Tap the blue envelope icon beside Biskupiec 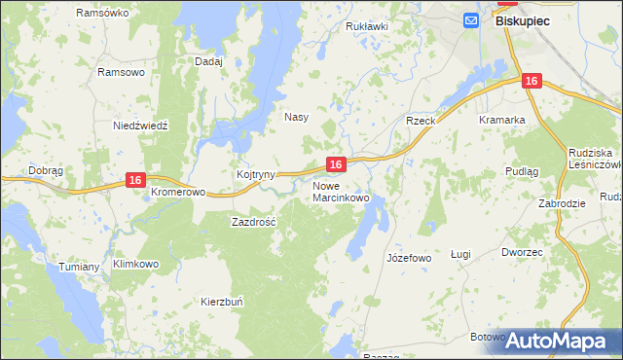(472, 19)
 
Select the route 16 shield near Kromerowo (135, 180)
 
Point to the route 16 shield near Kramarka (531, 83)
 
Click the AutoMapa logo (557, 341)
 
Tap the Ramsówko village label (102, 13)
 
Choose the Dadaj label (208, 61)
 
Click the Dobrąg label (46, 170)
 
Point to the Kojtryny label (256, 174)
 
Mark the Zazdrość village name (253, 222)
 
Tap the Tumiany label (79, 267)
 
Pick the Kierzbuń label (221, 302)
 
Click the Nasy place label (296, 117)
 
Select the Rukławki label (367, 26)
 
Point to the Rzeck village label (421, 121)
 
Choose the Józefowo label (408, 258)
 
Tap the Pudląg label (550, 170)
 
